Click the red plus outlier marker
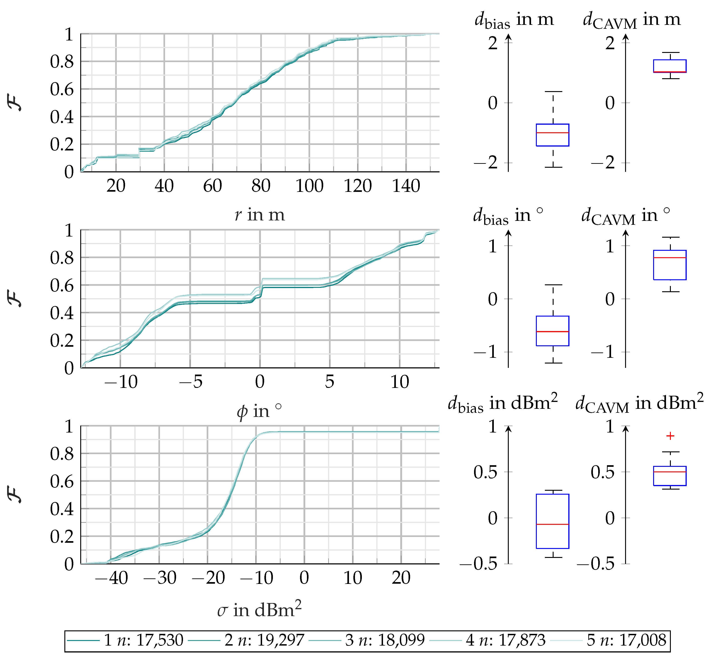(x=670, y=436)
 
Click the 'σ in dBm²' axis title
(x=260, y=610)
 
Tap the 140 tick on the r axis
(x=406, y=186)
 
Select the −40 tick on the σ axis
(x=111, y=577)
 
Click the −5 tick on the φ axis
(x=191, y=382)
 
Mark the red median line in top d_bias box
(x=552, y=133)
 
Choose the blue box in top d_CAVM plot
(x=670, y=66)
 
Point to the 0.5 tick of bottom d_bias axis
(x=485, y=472)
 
